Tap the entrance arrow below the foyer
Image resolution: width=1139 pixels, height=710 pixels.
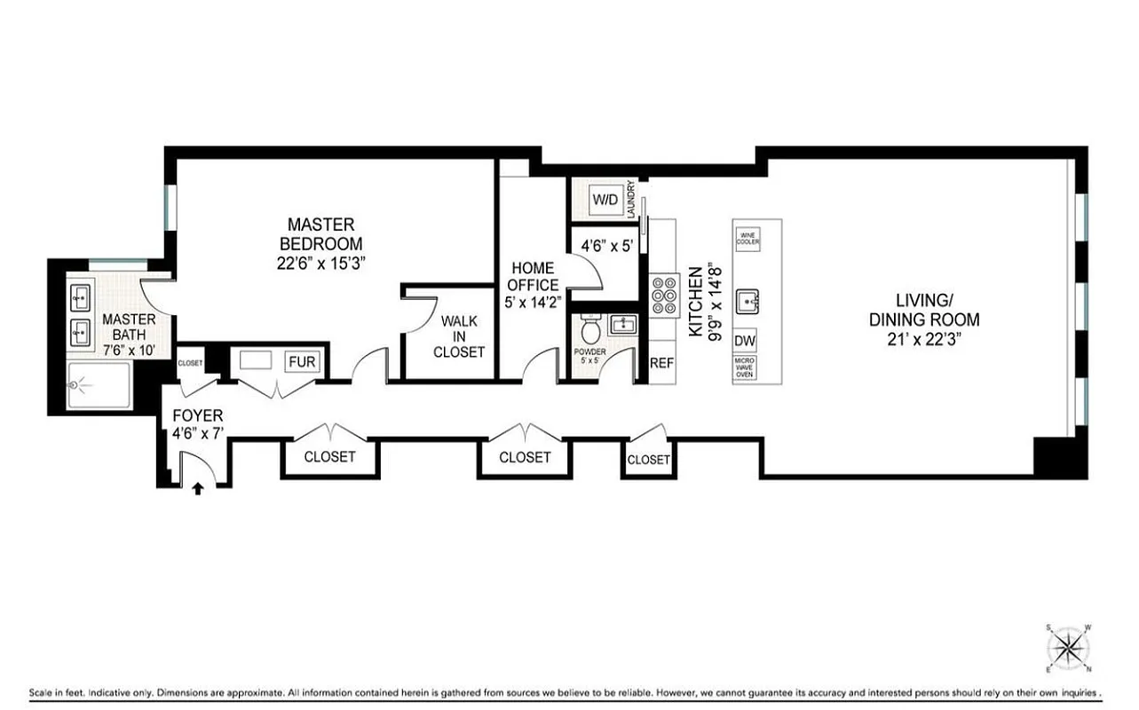pyautogui.click(x=198, y=486)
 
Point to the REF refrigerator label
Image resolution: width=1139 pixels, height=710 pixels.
pyautogui.click(x=661, y=362)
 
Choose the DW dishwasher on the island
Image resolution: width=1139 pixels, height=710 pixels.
pyautogui.click(x=746, y=340)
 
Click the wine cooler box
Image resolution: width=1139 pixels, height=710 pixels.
pyautogui.click(x=747, y=239)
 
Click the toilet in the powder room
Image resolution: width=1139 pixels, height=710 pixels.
pyautogui.click(x=589, y=330)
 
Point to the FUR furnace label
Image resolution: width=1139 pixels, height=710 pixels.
pyautogui.click(x=301, y=362)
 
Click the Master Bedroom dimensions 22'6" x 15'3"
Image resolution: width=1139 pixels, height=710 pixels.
pyautogui.click(x=320, y=263)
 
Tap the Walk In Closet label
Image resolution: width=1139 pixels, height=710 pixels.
pyautogui.click(x=458, y=336)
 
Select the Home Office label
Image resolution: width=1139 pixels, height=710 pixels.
pyautogui.click(x=533, y=277)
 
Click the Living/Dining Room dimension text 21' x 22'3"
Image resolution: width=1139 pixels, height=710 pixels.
pyautogui.click(x=923, y=337)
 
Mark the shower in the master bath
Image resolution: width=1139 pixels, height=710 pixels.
pyautogui.click(x=99, y=385)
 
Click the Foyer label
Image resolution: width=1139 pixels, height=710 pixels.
pyautogui.click(x=197, y=415)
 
